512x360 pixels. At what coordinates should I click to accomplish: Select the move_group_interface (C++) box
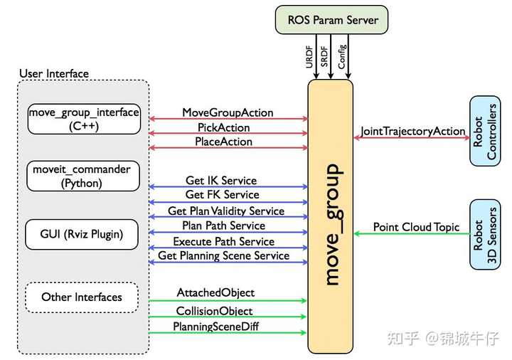(x=84, y=119)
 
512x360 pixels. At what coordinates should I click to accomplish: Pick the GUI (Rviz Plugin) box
(x=82, y=233)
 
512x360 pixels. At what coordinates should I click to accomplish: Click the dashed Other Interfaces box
(x=81, y=297)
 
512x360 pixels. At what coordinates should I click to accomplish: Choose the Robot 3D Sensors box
(x=485, y=234)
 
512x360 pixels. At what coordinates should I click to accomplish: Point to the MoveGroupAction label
(x=228, y=113)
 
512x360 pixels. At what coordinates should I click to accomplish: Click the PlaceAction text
(x=223, y=142)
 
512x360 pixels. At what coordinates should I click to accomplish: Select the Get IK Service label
(x=221, y=181)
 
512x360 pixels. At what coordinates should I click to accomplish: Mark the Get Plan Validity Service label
(x=226, y=211)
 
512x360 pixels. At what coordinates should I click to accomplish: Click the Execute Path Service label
(x=223, y=242)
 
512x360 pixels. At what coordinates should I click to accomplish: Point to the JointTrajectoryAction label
(x=413, y=132)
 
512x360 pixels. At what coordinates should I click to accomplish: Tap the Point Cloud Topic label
(x=416, y=228)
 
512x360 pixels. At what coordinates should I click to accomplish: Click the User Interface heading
(x=54, y=73)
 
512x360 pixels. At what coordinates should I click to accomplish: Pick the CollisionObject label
(x=214, y=311)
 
